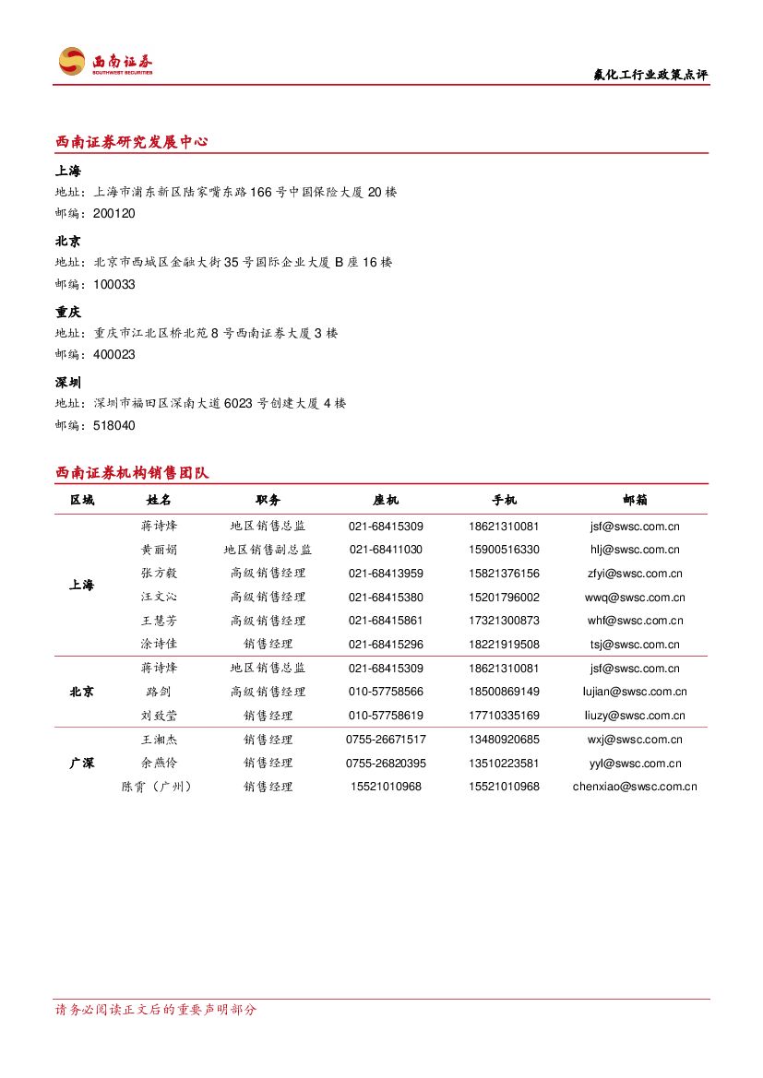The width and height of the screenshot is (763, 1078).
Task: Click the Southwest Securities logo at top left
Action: (x=105, y=62)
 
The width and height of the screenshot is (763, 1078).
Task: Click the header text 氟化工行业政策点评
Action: (x=650, y=75)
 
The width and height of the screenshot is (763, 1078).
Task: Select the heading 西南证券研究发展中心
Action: (x=131, y=142)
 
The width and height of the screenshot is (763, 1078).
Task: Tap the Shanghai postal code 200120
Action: (x=114, y=213)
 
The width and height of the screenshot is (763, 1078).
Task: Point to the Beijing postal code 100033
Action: (x=114, y=284)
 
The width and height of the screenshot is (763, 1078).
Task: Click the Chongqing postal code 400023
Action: (x=114, y=354)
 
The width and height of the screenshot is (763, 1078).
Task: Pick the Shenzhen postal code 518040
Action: (x=114, y=425)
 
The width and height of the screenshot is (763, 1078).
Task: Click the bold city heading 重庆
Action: (x=68, y=313)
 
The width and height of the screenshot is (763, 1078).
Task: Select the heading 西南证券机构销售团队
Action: (x=132, y=473)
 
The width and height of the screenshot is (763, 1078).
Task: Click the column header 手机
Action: (x=504, y=500)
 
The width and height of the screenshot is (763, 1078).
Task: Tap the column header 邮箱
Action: (x=635, y=500)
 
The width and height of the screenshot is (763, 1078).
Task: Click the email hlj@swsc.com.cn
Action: (x=635, y=550)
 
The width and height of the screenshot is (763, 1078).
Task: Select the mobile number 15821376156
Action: (x=504, y=574)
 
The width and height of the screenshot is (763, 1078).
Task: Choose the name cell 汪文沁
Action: (x=159, y=598)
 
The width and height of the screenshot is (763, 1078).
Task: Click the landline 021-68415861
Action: (x=386, y=621)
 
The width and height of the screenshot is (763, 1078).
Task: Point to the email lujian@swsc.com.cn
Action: (x=635, y=692)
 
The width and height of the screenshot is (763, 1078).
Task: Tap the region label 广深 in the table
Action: (x=82, y=763)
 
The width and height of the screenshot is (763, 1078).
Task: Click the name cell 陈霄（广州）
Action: (x=159, y=787)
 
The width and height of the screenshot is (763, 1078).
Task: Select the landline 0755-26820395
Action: (x=386, y=763)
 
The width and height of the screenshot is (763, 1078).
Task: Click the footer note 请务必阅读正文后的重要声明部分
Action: (x=156, y=1010)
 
